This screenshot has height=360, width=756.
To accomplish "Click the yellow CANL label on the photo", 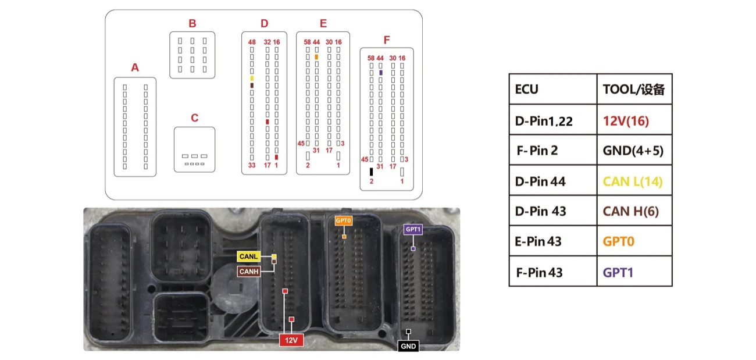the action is pyautogui.click(x=248, y=256).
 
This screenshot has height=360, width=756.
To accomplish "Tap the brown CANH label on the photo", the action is pyautogui.click(x=249, y=271).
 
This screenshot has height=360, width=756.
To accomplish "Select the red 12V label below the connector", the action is pyautogui.click(x=291, y=340).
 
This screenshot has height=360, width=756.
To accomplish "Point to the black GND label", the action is pyautogui.click(x=408, y=346).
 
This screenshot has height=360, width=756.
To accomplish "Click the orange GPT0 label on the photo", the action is pyautogui.click(x=343, y=220).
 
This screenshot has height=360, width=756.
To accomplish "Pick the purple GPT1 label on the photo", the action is pyautogui.click(x=413, y=229).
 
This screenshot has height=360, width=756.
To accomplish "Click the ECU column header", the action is pyautogui.click(x=526, y=90).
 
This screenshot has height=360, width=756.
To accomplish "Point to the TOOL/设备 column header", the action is pyautogui.click(x=634, y=90).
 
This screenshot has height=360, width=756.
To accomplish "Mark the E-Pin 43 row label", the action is pyautogui.click(x=538, y=241).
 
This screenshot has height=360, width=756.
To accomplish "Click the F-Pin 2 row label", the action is pyautogui.click(x=537, y=151).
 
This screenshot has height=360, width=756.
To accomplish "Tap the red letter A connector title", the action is pyautogui.click(x=135, y=67).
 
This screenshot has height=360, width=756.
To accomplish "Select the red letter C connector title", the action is pyautogui.click(x=195, y=117).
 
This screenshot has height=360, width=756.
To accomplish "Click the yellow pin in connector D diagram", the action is pyautogui.click(x=252, y=79).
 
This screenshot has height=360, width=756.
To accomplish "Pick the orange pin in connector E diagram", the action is pyautogui.click(x=316, y=57).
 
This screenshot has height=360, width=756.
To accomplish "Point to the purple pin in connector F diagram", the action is pyautogui.click(x=381, y=73).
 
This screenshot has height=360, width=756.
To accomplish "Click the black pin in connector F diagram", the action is pyautogui.click(x=371, y=172).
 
